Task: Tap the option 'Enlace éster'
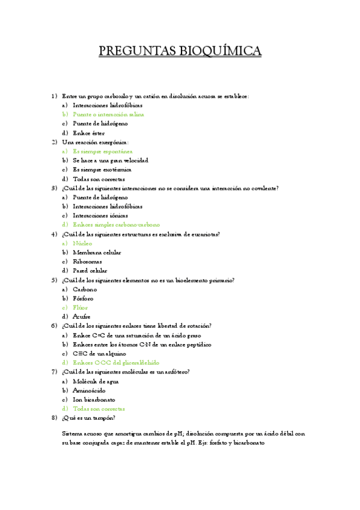click(x=88, y=133)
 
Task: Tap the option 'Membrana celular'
click(x=96, y=253)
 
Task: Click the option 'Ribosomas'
click(x=87, y=262)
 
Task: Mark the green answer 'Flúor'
click(x=80, y=308)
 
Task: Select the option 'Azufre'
click(x=82, y=317)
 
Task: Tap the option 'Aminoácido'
click(x=89, y=390)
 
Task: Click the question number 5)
click(x=54, y=280)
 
